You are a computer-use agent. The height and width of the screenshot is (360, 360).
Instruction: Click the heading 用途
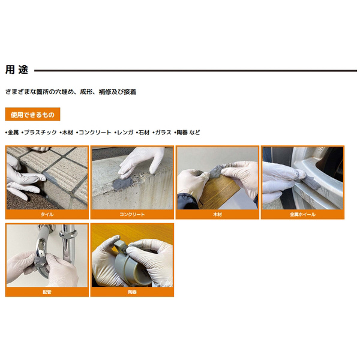click(x=17, y=70)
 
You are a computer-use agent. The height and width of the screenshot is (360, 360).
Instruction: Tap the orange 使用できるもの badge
click(x=32, y=114)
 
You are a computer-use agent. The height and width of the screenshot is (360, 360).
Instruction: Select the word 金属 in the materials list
click(x=13, y=133)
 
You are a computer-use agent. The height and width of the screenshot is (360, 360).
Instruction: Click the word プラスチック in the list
click(x=40, y=133)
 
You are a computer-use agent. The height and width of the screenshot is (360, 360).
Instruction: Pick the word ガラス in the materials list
click(x=163, y=133)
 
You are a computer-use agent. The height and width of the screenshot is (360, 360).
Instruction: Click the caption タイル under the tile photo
click(x=47, y=214)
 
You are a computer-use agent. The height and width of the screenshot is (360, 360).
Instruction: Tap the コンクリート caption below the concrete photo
click(x=132, y=214)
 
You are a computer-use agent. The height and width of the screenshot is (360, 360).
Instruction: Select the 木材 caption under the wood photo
click(x=217, y=214)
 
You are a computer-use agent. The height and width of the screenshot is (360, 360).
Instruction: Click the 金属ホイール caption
click(x=302, y=214)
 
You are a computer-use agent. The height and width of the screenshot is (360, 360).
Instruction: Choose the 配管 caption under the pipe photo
click(x=47, y=292)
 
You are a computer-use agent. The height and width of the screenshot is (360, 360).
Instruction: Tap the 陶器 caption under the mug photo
click(x=132, y=292)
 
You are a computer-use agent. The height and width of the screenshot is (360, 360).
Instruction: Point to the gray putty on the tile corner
click(x=50, y=178)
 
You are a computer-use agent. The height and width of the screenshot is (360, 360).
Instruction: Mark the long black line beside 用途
click(x=196, y=71)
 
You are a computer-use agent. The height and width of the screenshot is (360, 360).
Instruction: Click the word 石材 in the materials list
click(x=144, y=133)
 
